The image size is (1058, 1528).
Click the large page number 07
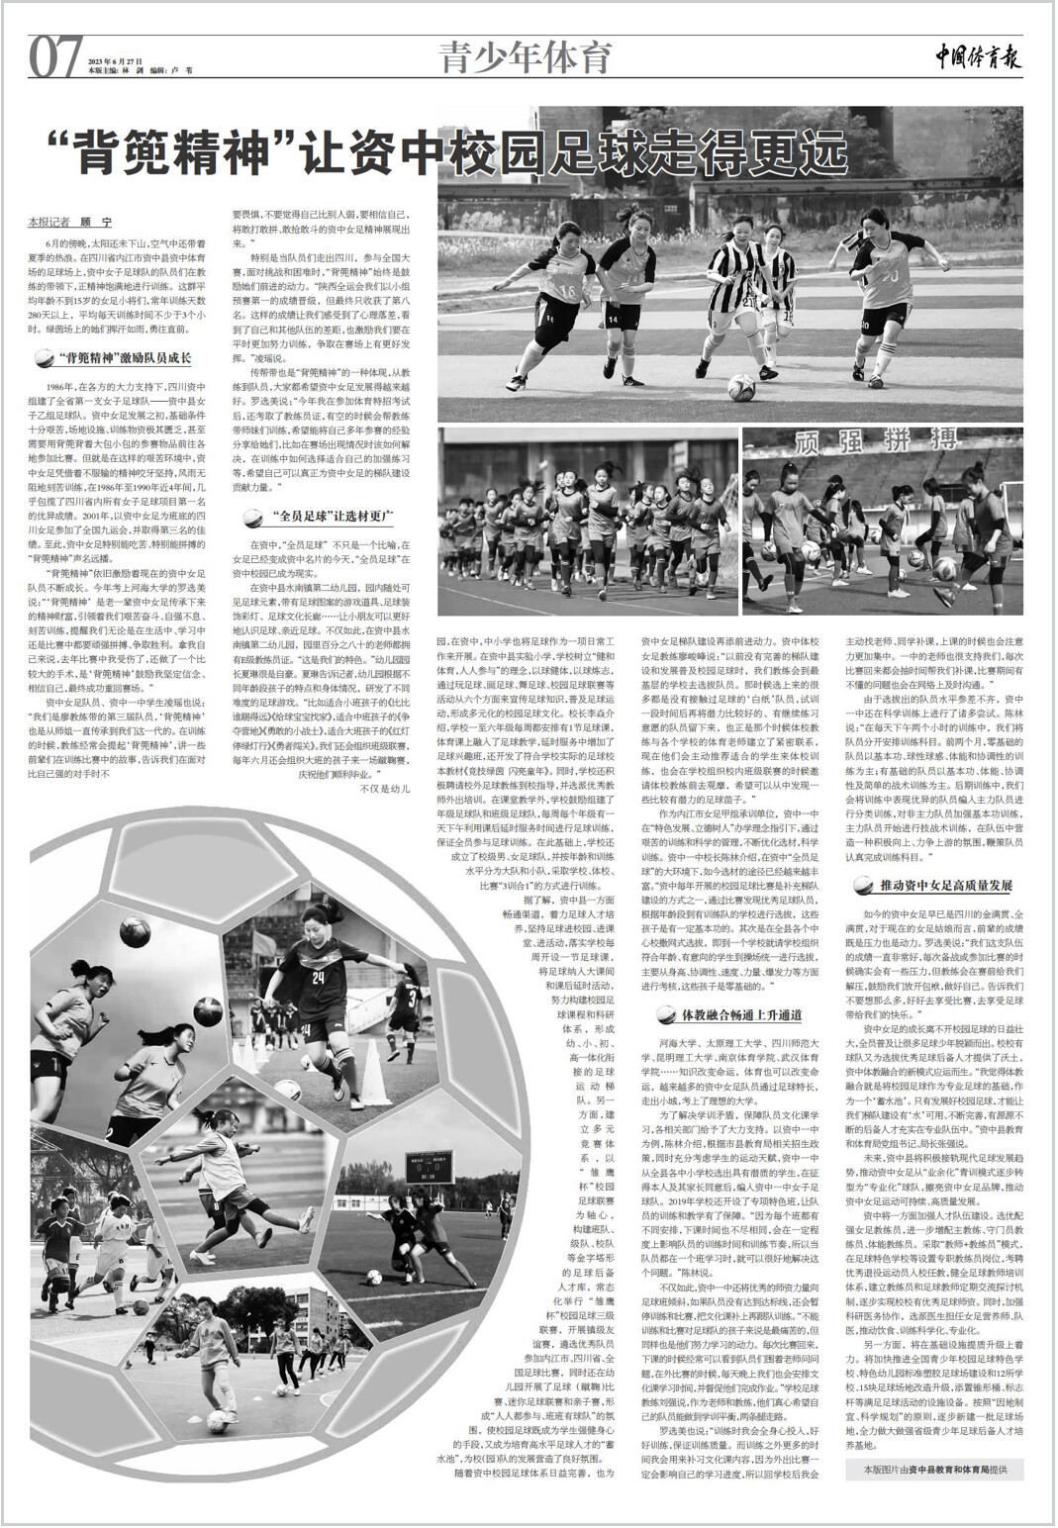coord(55,56)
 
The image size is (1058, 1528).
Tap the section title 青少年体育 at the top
coord(527,56)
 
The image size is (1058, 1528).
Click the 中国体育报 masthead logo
coord(977,57)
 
